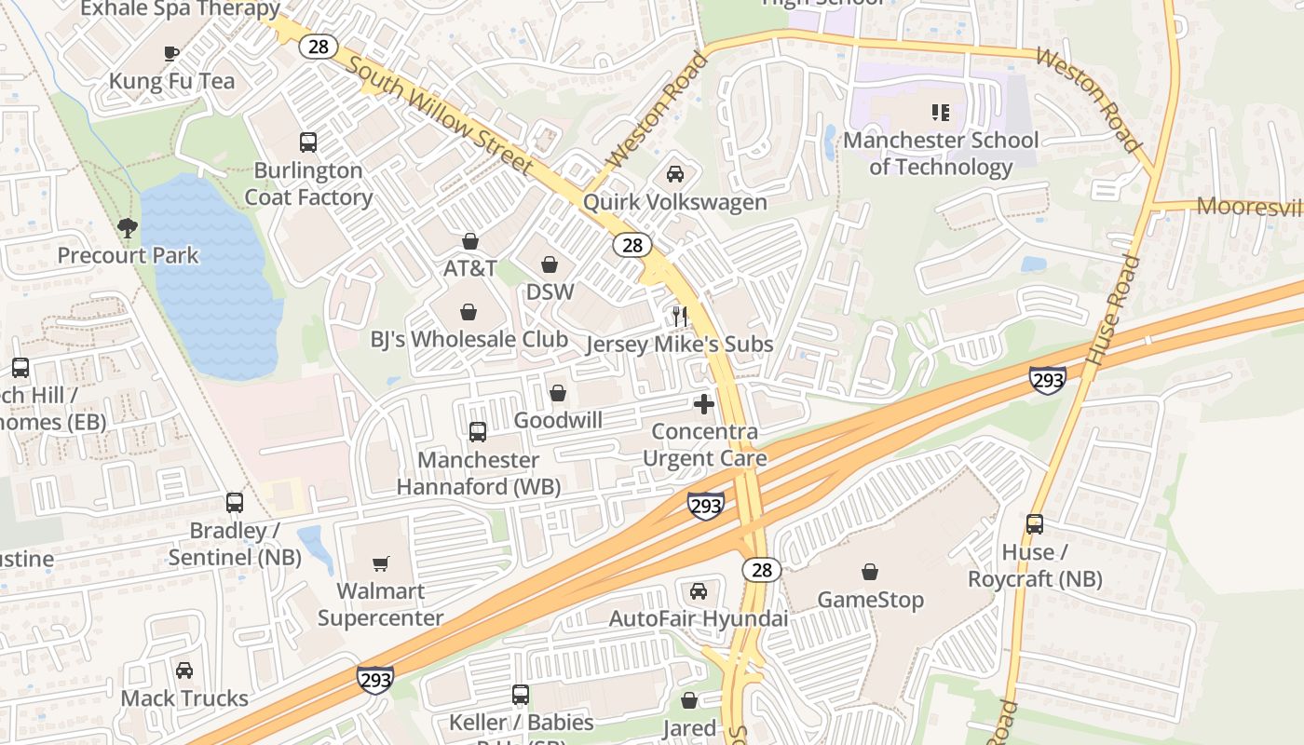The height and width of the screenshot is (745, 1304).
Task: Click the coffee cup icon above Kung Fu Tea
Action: [x=171, y=53]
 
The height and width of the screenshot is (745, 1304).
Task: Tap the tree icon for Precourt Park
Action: [x=128, y=227]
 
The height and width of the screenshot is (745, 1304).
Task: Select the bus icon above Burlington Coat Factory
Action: [x=308, y=142]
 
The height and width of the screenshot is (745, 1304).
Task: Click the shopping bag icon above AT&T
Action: [x=470, y=241]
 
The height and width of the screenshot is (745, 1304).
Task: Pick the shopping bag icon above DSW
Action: [x=550, y=264]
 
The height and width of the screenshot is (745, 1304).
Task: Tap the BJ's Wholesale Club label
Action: [x=469, y=339]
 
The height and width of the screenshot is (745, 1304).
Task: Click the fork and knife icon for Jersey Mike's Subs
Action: [x=680, y=317]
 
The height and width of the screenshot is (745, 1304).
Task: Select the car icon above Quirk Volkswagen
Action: [x=675, y=174]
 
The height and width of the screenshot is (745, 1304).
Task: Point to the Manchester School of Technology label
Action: [x=941, y=154]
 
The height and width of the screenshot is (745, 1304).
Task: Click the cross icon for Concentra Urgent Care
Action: [x=704, y=404]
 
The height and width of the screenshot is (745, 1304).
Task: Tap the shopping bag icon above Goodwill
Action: [x=558, y=393]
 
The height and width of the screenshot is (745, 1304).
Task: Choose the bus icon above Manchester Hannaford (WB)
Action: [x=478, y=432]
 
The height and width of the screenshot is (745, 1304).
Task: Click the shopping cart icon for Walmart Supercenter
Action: [x=381, y=563]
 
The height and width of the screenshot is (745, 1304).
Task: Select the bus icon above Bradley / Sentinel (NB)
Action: [x=235, y=503]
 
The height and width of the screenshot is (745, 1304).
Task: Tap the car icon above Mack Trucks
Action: [x=184, y=670]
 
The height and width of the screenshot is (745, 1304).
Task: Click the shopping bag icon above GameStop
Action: [x=870, y=572]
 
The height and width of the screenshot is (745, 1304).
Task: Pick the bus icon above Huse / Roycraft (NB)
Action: [x=1035, y=524]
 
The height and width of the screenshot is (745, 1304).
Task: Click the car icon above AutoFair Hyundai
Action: [x=699, y=591]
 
